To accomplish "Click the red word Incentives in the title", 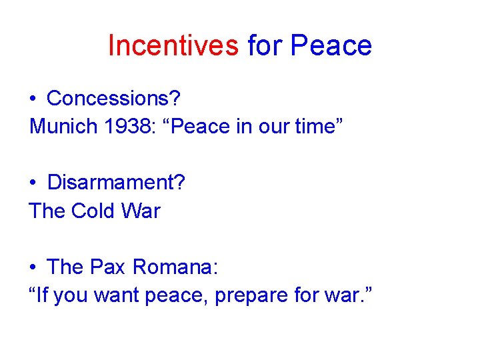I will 172,45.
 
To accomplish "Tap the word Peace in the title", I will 331,45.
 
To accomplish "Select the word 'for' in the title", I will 265,45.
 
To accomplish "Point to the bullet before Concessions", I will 33,99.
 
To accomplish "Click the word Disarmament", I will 116,183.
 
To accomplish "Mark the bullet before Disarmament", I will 33,183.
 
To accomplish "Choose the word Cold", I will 93,211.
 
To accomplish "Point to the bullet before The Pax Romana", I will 33,268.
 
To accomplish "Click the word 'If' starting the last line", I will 43,295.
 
